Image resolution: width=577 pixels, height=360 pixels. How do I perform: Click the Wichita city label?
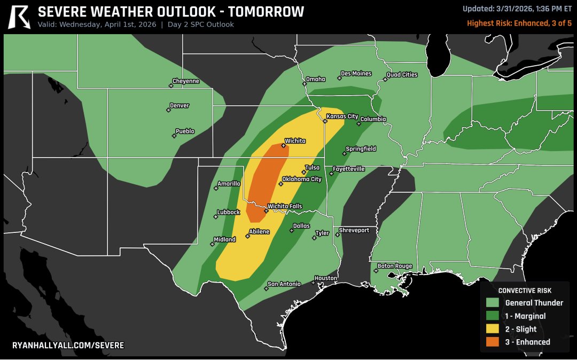[295, 141]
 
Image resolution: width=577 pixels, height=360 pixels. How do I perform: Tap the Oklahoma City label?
[302, 179]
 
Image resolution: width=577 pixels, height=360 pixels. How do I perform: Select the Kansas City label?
[342, 116]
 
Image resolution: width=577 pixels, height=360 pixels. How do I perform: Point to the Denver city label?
[180, 106]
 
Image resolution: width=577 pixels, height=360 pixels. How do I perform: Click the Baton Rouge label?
[395, 266]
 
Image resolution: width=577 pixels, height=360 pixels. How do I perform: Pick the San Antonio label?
[284, 284]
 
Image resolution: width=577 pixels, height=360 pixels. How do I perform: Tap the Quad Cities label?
[402, 75]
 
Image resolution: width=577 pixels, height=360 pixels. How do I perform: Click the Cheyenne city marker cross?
[171, 85]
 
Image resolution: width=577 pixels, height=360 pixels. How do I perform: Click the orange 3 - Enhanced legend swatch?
[493, 342]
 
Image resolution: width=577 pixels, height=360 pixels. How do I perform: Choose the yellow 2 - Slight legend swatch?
[493, 329]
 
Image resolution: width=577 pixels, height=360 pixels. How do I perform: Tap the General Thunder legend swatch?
[493, 303]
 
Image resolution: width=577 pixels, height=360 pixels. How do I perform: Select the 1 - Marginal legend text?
[525, 316]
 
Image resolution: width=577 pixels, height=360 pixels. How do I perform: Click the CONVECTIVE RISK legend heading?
[525, 291]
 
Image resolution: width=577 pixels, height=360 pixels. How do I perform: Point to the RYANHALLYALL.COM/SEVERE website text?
[68, 346]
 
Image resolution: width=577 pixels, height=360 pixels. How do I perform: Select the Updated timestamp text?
[517, 9]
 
